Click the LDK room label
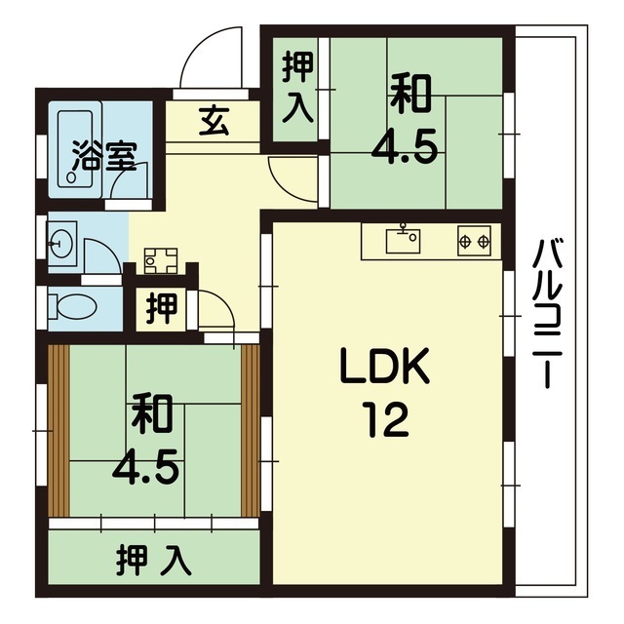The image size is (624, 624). click(385, 366)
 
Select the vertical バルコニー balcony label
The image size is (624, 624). click(547, 314)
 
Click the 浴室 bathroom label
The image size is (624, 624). click(104, 156)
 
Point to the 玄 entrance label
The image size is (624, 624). click(214, 121)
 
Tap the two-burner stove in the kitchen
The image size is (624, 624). click(474, 241)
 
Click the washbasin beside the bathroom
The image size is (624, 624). click(60, 244)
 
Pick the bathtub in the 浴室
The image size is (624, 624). click(75, 149)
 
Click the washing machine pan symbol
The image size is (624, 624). click(161, 261)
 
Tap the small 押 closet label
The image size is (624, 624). click(161, 309)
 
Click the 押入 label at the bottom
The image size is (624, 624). click(154, 562)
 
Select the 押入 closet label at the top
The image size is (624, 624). click(297, 89)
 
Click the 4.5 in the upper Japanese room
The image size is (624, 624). click(405, 149)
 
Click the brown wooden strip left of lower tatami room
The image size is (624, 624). click(58, 431)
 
